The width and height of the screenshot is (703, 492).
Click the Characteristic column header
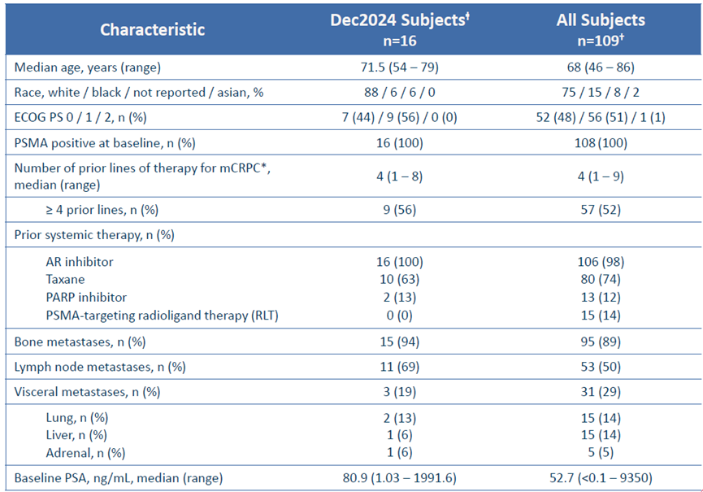click(x=153, y=29)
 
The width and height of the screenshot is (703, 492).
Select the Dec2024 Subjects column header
click(x=400, y=29)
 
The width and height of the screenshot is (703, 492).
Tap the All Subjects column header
click(x=601, y=29)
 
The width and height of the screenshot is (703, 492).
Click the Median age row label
click(x=88, y=67)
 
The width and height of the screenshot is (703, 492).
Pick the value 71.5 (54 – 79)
click(x=400, y=67)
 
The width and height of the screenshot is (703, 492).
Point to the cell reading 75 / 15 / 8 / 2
click(x=601, y=93)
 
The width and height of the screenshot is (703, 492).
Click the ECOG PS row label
click(x=80, y=117)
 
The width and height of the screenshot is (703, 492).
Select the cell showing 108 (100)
click(x=601, y=143)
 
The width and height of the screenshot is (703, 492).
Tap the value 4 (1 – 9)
click(x=601, y=176)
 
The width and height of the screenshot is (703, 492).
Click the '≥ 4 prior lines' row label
click(x=102, y=210)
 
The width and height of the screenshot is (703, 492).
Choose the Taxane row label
click(x=66, y=280)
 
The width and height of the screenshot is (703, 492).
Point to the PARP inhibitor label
click(x=86, y=298)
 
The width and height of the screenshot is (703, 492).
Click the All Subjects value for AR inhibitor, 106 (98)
click(x=601, y=262)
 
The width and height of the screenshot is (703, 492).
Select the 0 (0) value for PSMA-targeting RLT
click(x=400, y=316)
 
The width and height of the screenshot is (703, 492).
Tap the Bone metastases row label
click(x=80, y=342)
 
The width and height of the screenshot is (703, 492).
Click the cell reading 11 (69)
click(x=400, y=367)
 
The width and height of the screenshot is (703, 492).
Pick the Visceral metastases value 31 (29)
click(x=601, y=392)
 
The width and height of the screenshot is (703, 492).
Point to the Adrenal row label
click(x=85, y=453)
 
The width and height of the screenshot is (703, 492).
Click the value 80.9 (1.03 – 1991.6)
click(x=400, y=478)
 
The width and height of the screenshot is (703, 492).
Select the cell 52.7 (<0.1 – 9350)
click(x=601, y=478)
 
